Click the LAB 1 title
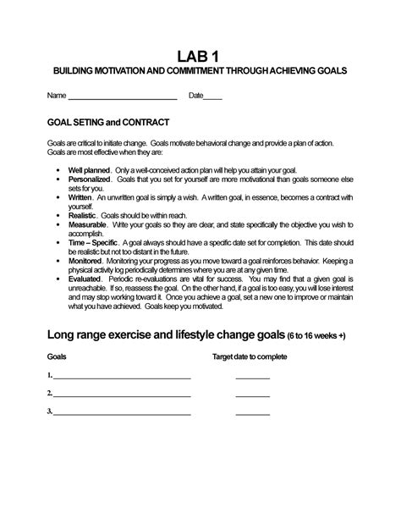200,56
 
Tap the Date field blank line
213,98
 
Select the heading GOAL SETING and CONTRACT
108,123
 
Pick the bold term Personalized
89,179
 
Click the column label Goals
57,357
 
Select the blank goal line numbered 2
122,395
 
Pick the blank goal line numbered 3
122,413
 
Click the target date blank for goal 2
252,395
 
